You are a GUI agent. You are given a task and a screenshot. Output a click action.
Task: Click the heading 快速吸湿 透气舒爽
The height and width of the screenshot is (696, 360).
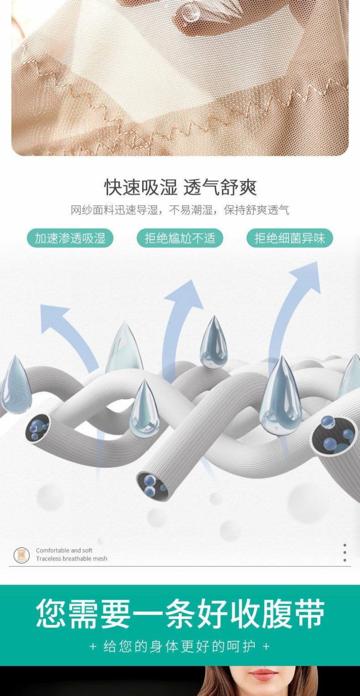(x=180, y=187)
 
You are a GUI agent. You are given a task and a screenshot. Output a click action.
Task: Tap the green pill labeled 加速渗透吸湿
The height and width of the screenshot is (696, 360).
(x=70, y=238)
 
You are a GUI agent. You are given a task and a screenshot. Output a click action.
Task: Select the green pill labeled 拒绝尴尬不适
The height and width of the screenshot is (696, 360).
(x=180, y=238)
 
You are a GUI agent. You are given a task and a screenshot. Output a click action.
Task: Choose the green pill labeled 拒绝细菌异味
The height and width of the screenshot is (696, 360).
(x=289, y=238)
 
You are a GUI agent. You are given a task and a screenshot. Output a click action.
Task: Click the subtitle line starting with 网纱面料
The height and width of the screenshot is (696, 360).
(x=180, y=210)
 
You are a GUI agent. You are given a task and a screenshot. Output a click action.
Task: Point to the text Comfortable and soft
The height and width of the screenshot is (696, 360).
(x=64, y=550)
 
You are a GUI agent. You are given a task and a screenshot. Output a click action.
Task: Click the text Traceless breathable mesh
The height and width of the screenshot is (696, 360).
(x=72, y=559)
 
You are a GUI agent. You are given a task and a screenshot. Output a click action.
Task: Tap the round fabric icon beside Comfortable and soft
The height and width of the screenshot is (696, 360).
(x=22, y=555)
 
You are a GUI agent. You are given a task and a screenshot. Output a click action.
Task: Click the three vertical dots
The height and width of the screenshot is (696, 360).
(x=345, y=552)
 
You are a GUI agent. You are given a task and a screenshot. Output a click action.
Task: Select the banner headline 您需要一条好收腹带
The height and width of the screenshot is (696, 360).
(x=180, y=614)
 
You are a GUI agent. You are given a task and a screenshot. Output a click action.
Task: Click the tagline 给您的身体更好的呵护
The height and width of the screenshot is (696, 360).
(x=180, y=646)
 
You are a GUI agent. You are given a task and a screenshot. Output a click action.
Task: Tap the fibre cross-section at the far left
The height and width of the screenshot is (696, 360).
(x=38, y=426)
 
